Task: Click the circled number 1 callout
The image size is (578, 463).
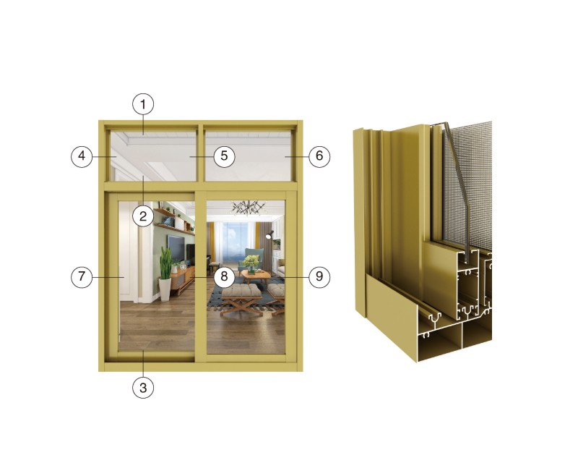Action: [x=143, y=104]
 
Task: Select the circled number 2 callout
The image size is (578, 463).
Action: [x=143, y=216]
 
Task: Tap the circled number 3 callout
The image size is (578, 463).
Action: [x=143, y=388]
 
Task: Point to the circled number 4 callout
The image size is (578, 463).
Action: [x=82, y=156]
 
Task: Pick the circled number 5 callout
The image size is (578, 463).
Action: [x=224, y=156]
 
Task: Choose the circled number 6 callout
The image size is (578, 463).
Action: [x=319, y=156]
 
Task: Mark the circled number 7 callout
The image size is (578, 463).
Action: [x=82, y=277]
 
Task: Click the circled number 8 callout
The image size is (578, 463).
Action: [x=224, y=277]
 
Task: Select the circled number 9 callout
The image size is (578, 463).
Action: [x=319, y=277]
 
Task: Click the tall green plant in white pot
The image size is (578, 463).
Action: [x=165, y=274]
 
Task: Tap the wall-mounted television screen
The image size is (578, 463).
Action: [x=176, y=247]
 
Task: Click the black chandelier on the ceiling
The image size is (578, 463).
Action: [x=248, y=208]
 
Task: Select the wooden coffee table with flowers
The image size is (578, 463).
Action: [x=256, y=278]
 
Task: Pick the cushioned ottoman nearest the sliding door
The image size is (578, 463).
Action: [x=242, y=299]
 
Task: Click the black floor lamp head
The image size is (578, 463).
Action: [x=269, y=234]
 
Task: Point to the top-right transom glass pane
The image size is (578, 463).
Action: [x=248, y=156]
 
